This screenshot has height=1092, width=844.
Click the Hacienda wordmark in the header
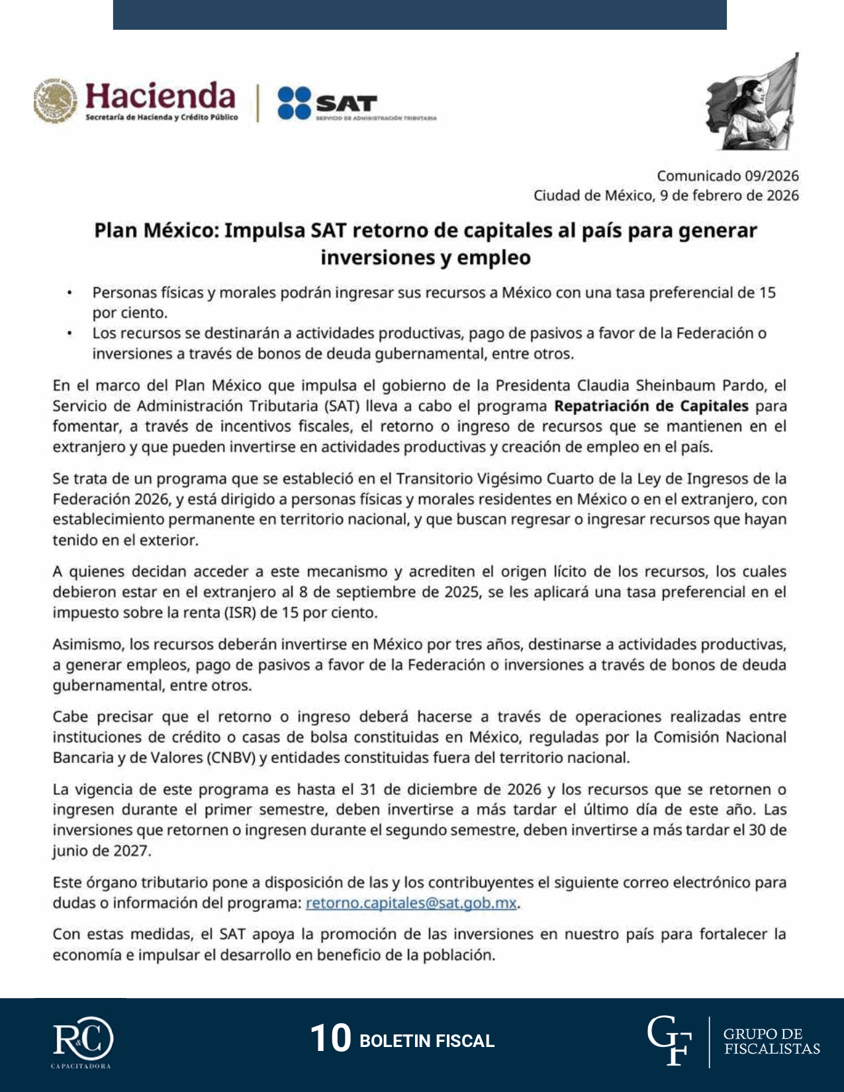click(160, 96)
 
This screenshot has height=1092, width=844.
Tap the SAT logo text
click(346, 103)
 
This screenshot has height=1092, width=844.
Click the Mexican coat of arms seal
click(55, 101)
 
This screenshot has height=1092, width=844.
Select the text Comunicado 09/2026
click(727, 176)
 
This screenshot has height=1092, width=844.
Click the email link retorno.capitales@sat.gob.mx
click(410, 903)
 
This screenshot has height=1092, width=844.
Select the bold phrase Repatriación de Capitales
click(651, 406)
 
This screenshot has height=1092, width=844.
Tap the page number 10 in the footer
click(330, 1038)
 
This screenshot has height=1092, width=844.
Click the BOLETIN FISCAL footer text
click(426, 1041)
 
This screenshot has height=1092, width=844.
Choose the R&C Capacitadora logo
click(83, 1040)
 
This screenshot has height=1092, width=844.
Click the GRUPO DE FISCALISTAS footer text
click(771, 1041)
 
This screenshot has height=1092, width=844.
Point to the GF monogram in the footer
click(669, 1041)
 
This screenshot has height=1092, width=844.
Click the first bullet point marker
click(69, 293)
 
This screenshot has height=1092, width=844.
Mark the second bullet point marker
click(69, 333)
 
